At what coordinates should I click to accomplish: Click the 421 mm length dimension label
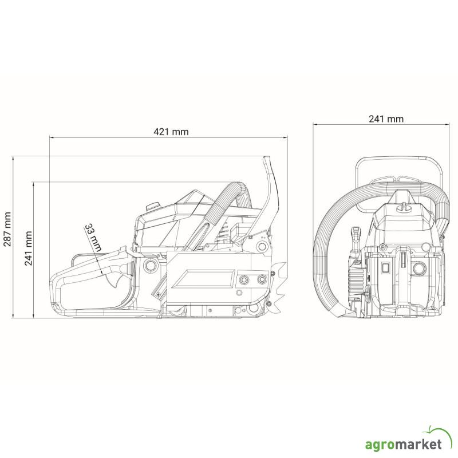click(171, 132)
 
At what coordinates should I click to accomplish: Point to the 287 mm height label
click(7, 230)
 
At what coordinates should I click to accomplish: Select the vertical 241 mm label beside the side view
click(28, 248)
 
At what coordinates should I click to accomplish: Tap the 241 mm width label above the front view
click(386, 119)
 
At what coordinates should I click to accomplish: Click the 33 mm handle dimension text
click(93, 238)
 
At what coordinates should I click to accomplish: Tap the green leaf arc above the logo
click(438, 431)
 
